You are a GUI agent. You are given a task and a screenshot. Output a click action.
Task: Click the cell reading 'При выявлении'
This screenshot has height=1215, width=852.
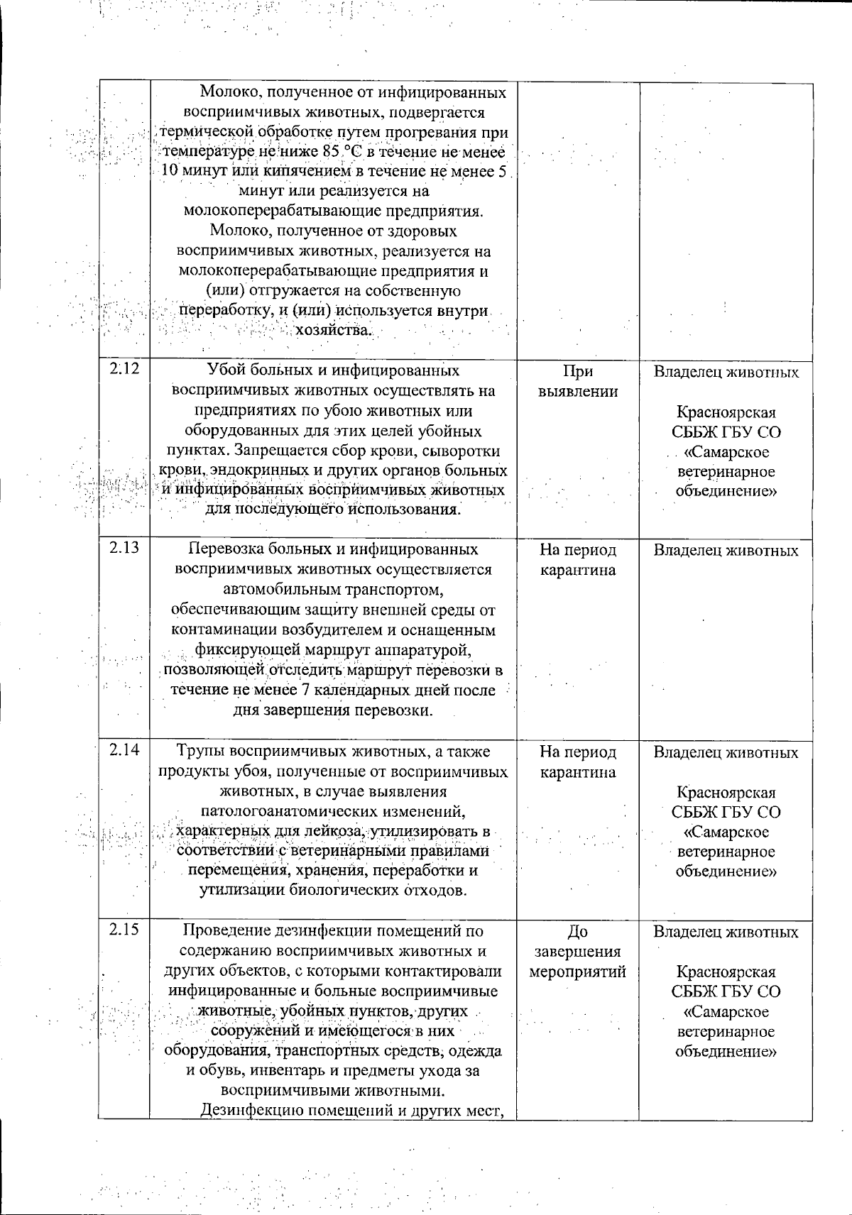pyautogui.click(x=577, y=382)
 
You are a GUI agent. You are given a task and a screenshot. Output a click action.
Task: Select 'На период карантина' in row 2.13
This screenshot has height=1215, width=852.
pyautogui.click(x=577, y=560)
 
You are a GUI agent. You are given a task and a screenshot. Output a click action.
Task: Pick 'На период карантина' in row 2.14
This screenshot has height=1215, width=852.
pyautogui.click(x=577, y=762)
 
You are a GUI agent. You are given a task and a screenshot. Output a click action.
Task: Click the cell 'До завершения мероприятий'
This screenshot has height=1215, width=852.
pyautogui.click(x=577, y=952)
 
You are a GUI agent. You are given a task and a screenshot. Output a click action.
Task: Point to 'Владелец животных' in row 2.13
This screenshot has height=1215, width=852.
pyautogui.click(x=726, y=550)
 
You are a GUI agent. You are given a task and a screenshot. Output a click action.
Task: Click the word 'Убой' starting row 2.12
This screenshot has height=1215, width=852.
pyautogui.click(x=222, y=370)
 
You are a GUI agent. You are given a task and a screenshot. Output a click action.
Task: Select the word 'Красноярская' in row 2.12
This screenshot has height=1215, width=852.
pyautogui.click(x=726, y=412)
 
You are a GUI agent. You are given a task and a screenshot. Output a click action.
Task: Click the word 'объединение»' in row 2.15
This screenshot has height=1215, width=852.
pyautogui.click(x=726, y=1051)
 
